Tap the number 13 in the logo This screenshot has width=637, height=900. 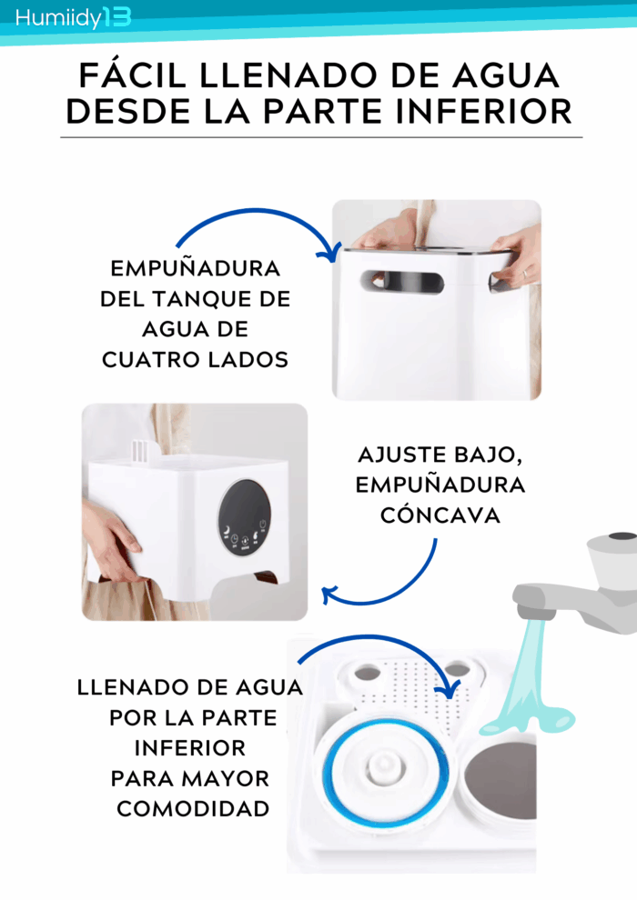117,17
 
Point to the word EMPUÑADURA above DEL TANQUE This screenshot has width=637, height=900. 196,268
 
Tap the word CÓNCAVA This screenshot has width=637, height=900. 440,515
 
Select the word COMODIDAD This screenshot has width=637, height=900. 193,809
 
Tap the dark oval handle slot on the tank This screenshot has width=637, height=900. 402,281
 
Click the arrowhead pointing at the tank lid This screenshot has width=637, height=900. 330,253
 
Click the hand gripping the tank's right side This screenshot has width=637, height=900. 517,258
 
